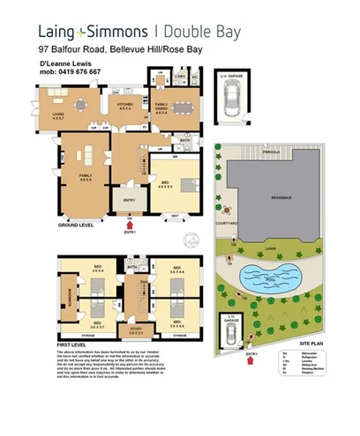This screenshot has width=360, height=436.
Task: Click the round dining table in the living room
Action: pos(81,104)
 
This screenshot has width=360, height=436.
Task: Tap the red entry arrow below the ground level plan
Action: pos(131,223)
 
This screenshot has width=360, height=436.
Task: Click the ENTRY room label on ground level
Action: pos(130,200)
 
